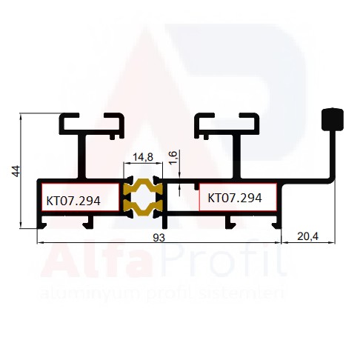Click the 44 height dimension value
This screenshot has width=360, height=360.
[x=16, y=171]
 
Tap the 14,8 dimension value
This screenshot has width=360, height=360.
[x=143, y=157]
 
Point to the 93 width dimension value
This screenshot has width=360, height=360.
[x=159, y=238]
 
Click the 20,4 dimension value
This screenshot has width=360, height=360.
[x=307, y=236]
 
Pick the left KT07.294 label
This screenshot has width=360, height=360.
[x=73, y=201]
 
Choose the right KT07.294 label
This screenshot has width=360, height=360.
[x=235, y=198]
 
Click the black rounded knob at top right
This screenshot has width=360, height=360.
[x=333, y=119]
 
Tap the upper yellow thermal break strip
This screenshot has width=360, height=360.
[x=143, y=187]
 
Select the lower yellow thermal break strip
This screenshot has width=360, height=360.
[x=143, y=207]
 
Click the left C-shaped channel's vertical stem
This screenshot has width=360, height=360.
[x=81, y=156]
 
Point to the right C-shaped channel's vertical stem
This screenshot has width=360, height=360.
[x=236, y=156]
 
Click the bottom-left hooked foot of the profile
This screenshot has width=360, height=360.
[x=41, y=224]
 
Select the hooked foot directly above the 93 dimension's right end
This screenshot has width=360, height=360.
[x=277, y=224]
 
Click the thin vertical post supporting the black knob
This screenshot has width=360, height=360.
[x=333, y=154]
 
